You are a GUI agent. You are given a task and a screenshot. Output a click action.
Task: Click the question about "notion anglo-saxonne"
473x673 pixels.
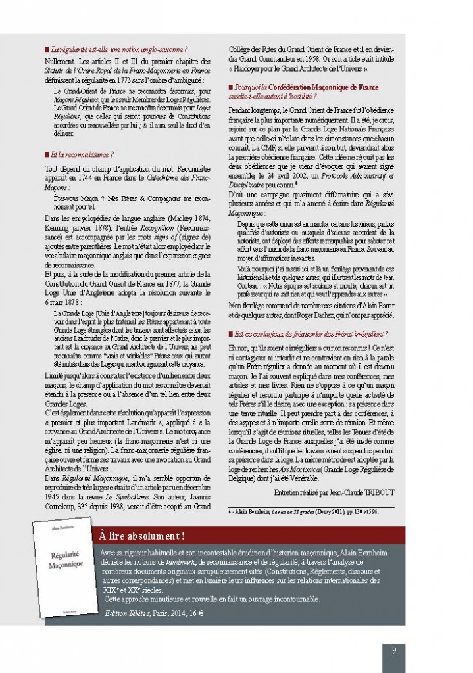(118, 49)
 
